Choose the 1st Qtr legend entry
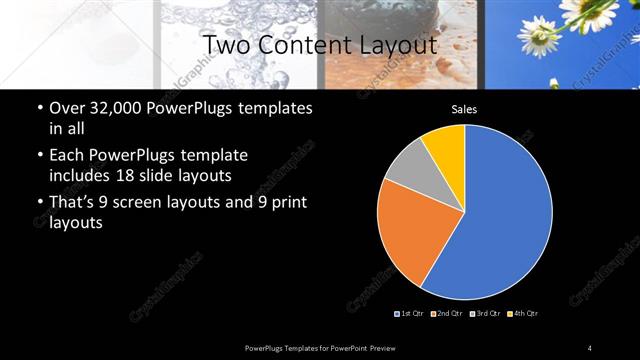pyautogui.click(x=411, y=314)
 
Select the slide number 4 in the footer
pyautogui.click(x=590, y=347)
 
